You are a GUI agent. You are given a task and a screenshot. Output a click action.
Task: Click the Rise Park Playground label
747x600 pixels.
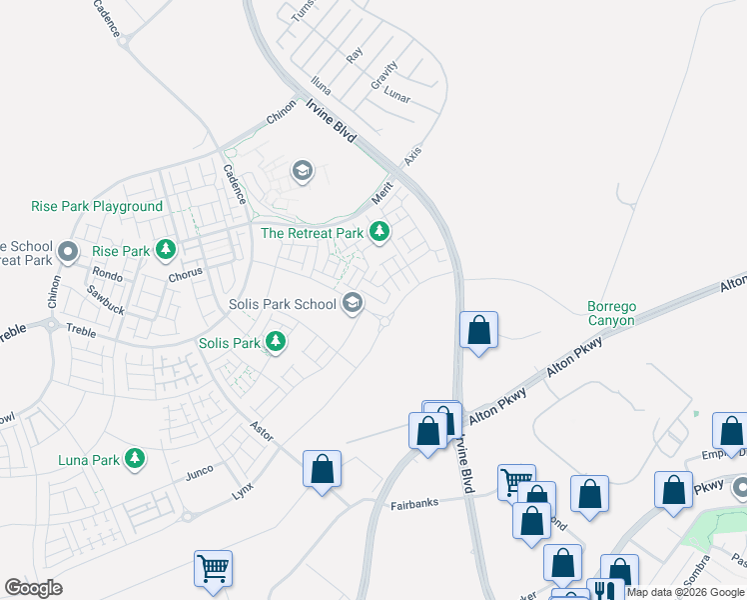(97, 207)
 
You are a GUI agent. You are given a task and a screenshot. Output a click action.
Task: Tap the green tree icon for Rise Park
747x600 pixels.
(166, 249)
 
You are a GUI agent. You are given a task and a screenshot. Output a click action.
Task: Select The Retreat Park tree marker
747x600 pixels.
(378, 232)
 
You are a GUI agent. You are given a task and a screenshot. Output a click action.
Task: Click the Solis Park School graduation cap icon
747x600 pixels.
(352, 302)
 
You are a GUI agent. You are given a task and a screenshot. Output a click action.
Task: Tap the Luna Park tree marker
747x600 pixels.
(134, 460)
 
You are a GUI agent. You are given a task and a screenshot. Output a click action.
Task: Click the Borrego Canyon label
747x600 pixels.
(610, 312)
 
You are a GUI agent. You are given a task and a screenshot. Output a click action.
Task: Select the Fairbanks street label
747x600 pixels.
(415, 504)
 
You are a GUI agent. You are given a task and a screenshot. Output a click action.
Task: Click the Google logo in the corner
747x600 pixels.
(33, 588)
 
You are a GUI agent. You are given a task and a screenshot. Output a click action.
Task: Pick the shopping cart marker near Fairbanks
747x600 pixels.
(516, 482)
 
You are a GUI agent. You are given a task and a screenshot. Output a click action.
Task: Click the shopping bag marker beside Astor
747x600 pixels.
(322, 468)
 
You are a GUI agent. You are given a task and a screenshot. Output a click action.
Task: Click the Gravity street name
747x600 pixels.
(383, 76)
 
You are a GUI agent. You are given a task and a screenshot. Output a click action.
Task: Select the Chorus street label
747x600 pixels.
(186, 272)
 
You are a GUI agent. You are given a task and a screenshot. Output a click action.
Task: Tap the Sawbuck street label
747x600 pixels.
(105, 300)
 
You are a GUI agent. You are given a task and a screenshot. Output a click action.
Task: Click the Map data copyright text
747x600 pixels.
(685, 592)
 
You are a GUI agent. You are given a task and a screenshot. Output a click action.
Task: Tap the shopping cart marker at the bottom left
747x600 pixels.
(214, 568)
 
